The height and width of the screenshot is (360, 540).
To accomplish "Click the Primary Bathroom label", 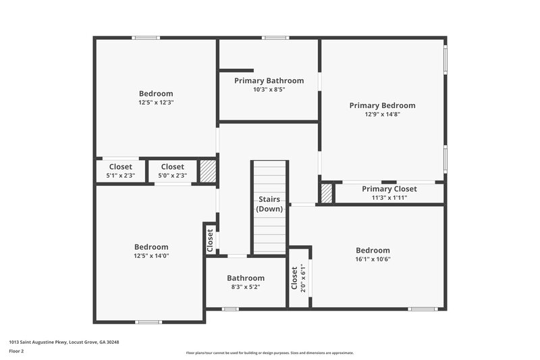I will pyautogui.click(x=269, y=80).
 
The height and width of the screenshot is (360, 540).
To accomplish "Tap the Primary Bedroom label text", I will pyautogui.click(x=382, y=105).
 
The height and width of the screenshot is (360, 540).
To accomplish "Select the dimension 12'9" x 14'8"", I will pyautogui.click(x=382, y=115).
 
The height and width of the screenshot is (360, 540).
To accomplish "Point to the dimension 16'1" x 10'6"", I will pyautogui.click(x=373, y=259).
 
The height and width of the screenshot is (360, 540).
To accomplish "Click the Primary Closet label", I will pyautogui.click(x=389, y=189).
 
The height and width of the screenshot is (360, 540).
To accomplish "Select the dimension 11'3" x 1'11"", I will pyautogui.click(x=389, y=198).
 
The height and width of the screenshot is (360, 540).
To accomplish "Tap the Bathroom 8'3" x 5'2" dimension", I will pyautogui.click(x=245, y=287).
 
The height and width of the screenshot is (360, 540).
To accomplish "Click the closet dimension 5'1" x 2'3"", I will pyautogui.click(x=120, y=176).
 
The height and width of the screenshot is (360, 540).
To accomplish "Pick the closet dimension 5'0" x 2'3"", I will pyautogui.click(x=172, y=176).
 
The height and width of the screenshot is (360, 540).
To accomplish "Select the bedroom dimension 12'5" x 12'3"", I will pyautogui.click(x=156, y=103).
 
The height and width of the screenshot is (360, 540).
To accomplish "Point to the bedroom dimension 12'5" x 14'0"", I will pyautogui.click(x=151, y=256).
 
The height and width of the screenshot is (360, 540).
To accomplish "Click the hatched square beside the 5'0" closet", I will pyautogui.click(x=207, y=170).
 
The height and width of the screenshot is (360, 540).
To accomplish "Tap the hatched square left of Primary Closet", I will pyautogui.click(x=327, y=194).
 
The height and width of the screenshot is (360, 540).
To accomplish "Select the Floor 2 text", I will pyautogui.click(x=17, y=351).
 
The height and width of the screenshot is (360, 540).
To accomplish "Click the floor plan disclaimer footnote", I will pyautogui.click(x=269, y=353).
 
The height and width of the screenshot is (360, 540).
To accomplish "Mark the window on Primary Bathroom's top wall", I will pyautogui.click(x=275, y=38).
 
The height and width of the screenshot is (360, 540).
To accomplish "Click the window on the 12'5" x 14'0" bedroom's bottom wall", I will pyautogui.click(x=148, y=322).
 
